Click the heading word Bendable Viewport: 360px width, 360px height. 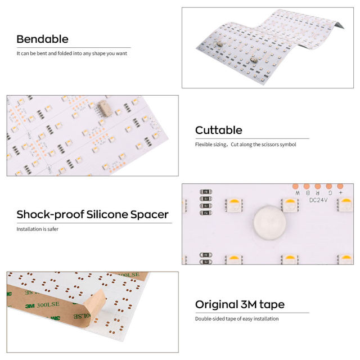[43, 39]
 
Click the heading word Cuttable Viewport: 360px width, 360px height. [219, 130]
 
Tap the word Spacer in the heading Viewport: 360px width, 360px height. [150, 215]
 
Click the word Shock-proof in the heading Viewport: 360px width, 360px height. [50, 215]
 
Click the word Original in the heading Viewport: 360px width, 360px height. [217, 305]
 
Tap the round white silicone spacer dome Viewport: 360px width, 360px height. [270, 223]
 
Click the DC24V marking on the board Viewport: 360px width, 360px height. [318, 200]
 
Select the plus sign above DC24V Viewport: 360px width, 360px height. [341, 192]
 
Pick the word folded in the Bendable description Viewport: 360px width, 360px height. [65, 53]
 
